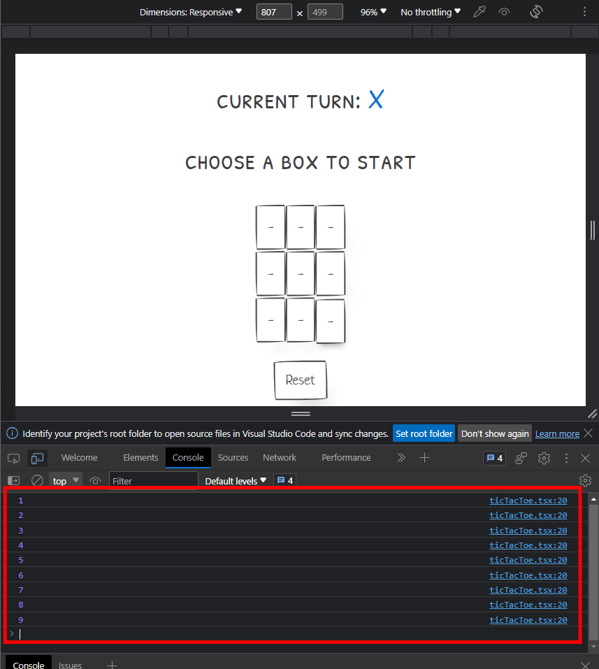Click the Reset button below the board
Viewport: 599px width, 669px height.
[301, 380]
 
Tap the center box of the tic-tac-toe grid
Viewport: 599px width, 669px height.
[301, 273]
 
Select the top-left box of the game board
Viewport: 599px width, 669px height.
[270, 227]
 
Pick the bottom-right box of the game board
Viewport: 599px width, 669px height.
[330, 321]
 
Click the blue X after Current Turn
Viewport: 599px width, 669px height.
[376, 99]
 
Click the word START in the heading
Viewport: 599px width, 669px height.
[386, 163]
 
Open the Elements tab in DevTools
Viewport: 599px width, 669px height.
[140, 458]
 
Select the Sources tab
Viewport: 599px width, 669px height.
[233, 458]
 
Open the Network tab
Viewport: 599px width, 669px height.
[280, 458]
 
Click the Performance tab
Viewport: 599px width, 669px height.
[346, 458]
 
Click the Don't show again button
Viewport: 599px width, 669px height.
[495, 434]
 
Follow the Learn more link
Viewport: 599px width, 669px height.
[557, 434]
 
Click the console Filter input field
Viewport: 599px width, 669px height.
[154, 481]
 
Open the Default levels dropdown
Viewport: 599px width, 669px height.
[236, 481]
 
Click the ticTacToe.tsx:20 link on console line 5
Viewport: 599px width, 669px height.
[528, 560]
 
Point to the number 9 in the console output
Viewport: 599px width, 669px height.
[21, 620]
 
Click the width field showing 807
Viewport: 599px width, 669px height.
[274, 12]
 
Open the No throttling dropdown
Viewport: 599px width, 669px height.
[431, 12]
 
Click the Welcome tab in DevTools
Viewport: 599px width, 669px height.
[80, 458]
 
